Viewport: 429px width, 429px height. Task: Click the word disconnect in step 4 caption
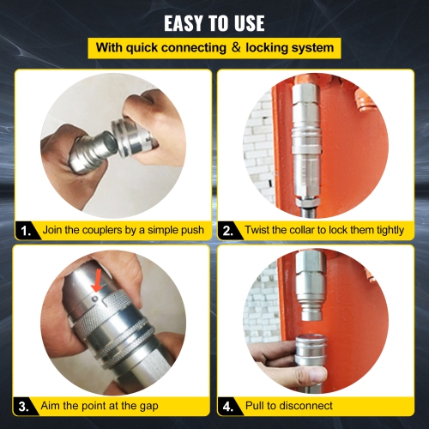pos(311,404)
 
